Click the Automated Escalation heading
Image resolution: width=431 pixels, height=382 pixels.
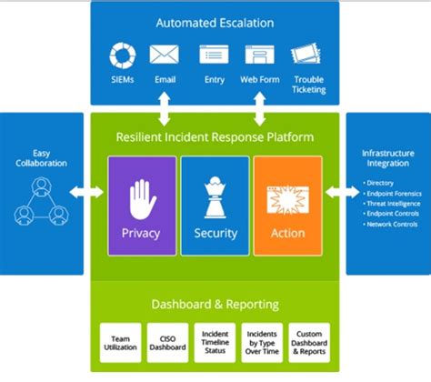pyautogui.click(x=215, y=22)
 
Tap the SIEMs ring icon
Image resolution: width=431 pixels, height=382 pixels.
pyautogui.click(x=122, y=55)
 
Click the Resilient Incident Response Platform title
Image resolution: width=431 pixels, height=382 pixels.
pyautogui.click(x=215, y=136)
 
